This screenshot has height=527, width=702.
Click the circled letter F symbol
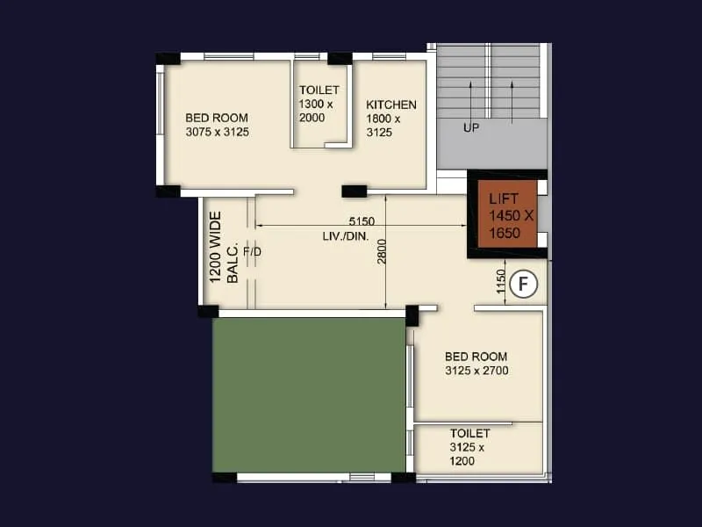click(x=524, y=285)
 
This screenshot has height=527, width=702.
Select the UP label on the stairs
click(x=471, y=128)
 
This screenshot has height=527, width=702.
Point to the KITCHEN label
click(x=391, y=105)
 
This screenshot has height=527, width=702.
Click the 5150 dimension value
click(x=362, y=220)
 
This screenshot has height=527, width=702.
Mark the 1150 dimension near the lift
click(x=500, y=282)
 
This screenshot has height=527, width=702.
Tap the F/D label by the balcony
click(x=253, y=251)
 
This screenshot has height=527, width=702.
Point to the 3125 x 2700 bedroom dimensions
click(x=476, y=371)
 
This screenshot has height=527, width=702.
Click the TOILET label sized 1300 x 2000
click(x=319, y=90)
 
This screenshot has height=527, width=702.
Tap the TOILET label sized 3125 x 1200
click(x=470, y=434)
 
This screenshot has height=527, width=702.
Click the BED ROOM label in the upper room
click(x=217, y=118)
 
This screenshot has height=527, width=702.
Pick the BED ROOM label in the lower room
click(x=476, y=357)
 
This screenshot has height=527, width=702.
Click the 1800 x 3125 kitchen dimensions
click(x=383, y=126)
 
